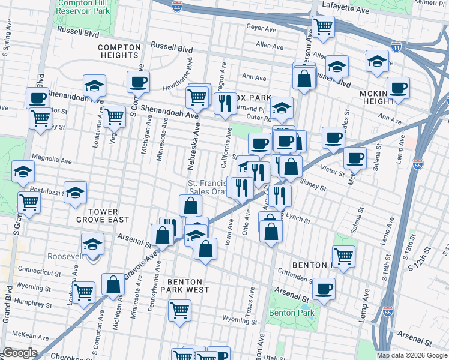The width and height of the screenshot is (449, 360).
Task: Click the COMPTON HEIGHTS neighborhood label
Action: [x=110, y=52]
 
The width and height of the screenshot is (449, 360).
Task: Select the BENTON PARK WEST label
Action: [x=179, y=285]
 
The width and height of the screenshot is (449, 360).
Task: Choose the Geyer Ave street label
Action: [x=261, y=27]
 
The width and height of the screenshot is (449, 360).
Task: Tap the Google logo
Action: [x=20, y=353]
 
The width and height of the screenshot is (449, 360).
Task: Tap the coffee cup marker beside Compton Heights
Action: [x=138, y=82]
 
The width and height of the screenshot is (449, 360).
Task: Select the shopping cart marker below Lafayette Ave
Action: [x=323, y=26]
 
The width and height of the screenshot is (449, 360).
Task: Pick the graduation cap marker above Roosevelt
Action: [x=92, y=244]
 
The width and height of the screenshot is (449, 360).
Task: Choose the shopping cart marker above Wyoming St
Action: [x=179, y=310]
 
